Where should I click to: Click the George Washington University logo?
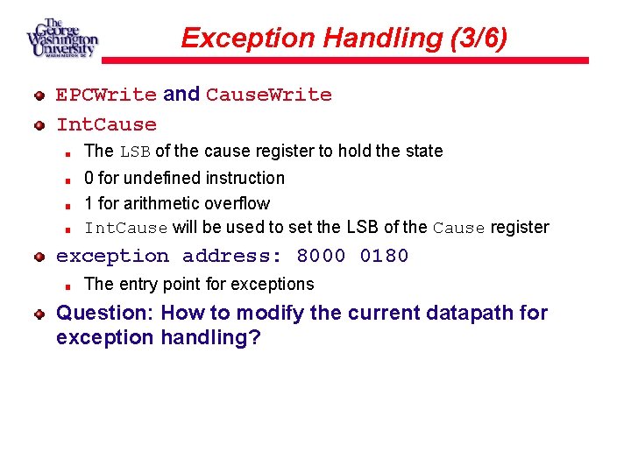61,38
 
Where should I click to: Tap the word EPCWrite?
106,95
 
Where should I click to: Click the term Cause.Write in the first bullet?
269,95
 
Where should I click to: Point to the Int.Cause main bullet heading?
106,124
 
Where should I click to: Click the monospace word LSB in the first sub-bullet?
136,152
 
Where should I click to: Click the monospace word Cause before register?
459,228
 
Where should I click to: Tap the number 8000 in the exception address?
321,256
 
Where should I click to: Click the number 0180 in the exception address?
384,256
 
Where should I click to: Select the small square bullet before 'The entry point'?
67,285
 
